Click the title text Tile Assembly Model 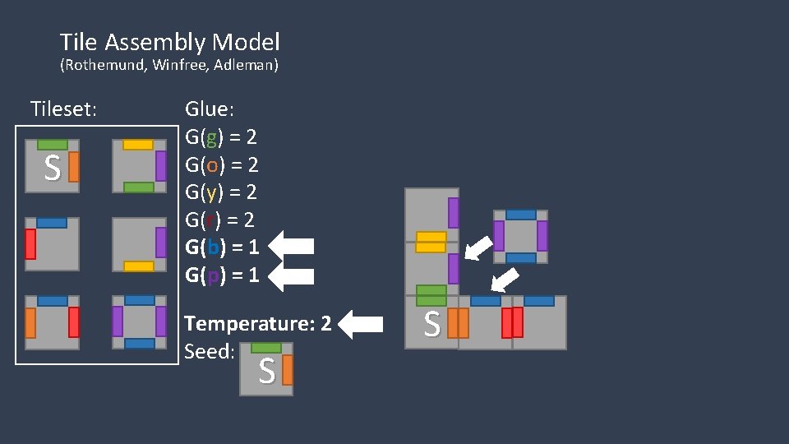tap(169, 42)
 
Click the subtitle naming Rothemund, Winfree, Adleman tap(169, 65)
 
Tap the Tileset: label tap(63, 109)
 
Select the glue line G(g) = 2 tap(221, 136)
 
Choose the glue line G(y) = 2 tap(221, 192)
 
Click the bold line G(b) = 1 tap(222, 247)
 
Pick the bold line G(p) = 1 tap(222, 275)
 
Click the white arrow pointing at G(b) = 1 tap(292, 246)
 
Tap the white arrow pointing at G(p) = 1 tap(292, 275)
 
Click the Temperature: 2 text tap(258, 323)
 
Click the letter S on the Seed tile tap(265, 372)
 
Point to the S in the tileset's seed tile tap(52, 169)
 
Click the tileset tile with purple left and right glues tap(139, 322)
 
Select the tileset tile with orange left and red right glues tap(52, 322)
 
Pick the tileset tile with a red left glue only tap(52, 244)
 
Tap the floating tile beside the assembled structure tap(520, 237)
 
